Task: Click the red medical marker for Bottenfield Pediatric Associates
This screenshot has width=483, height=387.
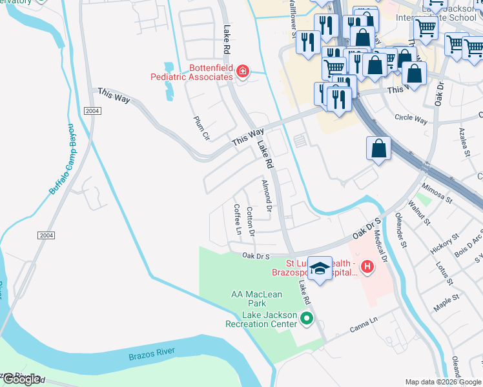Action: tap(243, 71)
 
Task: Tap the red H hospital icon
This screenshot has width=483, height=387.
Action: tap(367, 266)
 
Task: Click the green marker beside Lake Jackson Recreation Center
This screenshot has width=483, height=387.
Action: tap(307, 318)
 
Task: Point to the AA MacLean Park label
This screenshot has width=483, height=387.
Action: tap(249, 299)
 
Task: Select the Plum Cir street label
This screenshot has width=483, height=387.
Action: tap(202, 128)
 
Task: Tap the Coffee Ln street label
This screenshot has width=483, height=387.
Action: tap(237, 219)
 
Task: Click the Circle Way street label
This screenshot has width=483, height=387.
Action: tap(411, 119)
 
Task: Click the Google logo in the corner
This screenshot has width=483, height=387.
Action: tap(21, 379)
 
